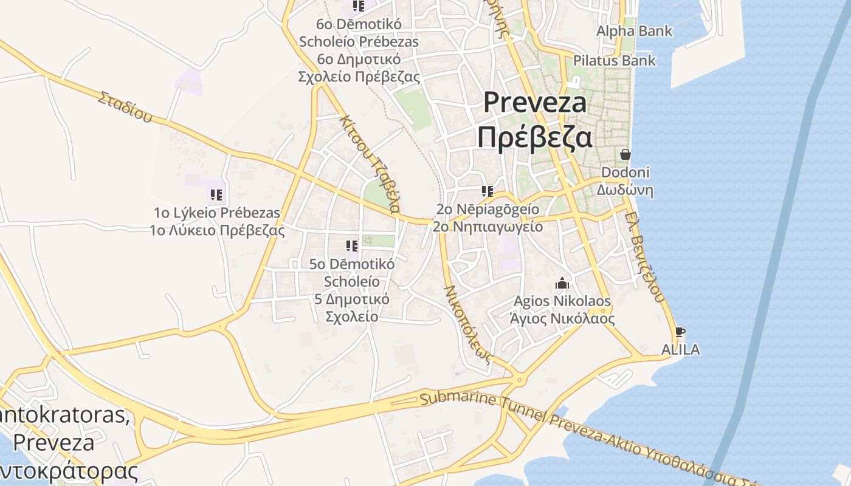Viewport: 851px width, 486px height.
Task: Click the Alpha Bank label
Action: click(x=634, y=31)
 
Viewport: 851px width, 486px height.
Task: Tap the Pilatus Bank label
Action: click(x=615, y=60)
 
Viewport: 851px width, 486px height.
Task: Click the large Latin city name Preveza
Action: click(x=535, y=103)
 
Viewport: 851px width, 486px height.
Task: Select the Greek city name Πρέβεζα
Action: click(x=534, y=137)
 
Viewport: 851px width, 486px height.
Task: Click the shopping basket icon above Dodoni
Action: click(x=625, y=154)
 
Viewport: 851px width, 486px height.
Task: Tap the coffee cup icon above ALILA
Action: click(x=680, y=332)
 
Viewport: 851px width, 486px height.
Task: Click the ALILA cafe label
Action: click(x=680, y=350)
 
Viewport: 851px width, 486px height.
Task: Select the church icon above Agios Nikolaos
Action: click(x=562, y=283)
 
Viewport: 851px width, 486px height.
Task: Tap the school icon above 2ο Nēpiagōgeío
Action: click(x=487, y=191)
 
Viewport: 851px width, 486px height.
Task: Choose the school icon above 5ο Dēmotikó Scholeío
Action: click(x=352, y=246)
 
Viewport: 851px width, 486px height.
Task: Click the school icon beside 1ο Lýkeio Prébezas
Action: click(x=216, y=195)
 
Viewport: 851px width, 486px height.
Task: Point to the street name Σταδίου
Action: click(x=125, y=107)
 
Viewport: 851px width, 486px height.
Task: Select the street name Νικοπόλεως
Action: click(x=467, y=323)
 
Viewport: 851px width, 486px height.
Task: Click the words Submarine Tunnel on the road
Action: click(x=480, y=404)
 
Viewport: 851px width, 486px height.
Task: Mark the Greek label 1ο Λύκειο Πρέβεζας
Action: click(x=217, y=231)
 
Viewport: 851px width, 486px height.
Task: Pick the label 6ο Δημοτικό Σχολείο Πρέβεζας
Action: click(x=359, y=68)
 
